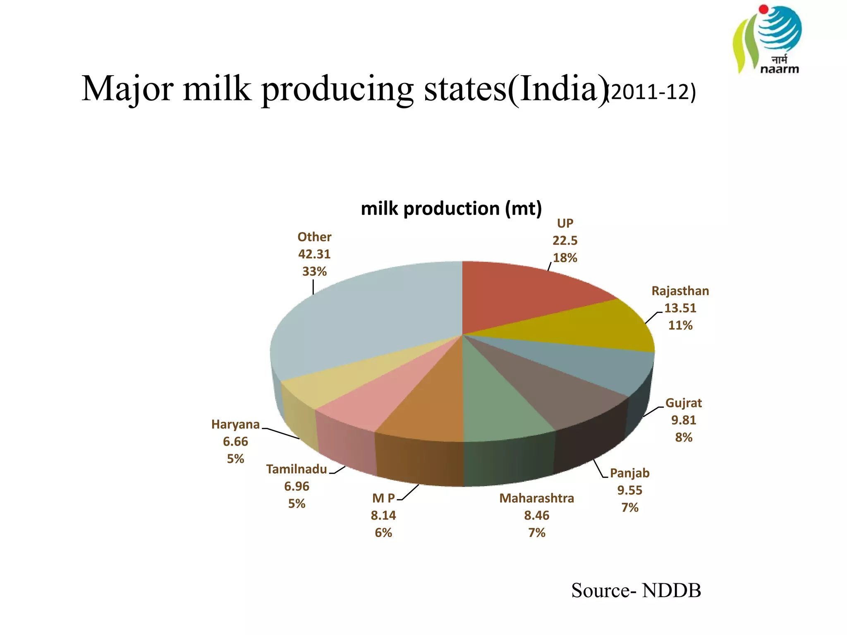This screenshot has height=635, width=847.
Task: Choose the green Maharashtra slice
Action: (496, 405)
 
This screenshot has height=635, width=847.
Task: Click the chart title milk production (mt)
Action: (451, 208)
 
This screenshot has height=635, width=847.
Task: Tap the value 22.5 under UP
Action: (565, 241)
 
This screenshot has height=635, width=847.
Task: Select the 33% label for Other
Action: (314, 272)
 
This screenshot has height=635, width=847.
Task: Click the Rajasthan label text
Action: (680, 291)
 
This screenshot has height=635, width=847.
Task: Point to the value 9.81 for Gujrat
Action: (683, 420)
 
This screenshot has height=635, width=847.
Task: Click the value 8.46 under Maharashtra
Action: (536, 516)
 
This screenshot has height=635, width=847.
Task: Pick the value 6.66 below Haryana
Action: (235, 442)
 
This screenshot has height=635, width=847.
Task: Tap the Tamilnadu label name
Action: (297, 469)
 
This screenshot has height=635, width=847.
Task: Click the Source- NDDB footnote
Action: (636, 590)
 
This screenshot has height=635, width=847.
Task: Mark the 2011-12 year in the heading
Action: (651, 92)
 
